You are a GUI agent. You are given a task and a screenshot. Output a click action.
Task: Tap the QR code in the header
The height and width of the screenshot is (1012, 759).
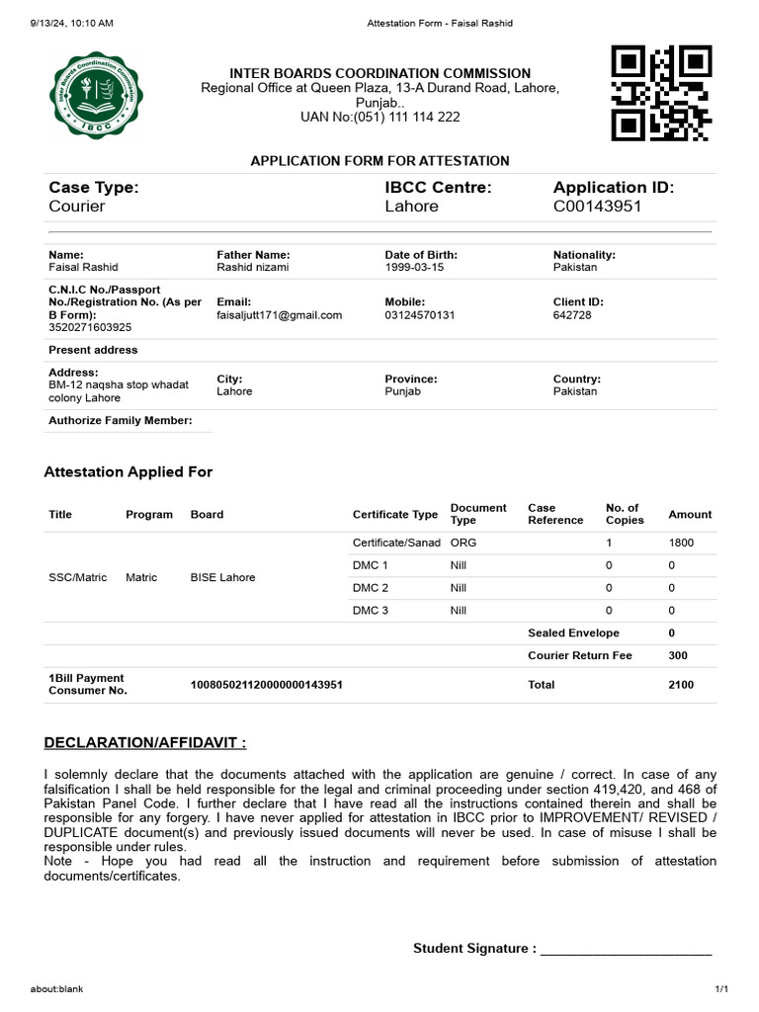[661, 93]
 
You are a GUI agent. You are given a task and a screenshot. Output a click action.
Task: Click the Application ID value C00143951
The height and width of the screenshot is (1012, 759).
[597, 207]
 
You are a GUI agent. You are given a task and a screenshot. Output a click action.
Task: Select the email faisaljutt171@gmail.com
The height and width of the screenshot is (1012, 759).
[279, 315]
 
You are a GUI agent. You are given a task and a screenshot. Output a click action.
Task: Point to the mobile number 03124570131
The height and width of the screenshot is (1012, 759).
[420, 315]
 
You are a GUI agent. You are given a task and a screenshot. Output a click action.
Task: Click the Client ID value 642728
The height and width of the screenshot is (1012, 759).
[572, 315]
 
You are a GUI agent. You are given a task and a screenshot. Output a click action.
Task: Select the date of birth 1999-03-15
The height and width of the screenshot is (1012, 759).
[414, 268]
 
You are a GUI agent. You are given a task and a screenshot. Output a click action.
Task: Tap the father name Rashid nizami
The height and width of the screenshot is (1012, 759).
[253, 268]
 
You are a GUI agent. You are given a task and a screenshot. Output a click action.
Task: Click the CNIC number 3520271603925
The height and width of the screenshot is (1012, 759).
[90, 327]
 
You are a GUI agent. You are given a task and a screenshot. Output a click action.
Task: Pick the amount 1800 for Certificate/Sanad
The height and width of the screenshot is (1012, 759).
[683, 543]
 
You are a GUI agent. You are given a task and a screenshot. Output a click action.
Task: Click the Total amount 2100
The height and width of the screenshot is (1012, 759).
[681, 685]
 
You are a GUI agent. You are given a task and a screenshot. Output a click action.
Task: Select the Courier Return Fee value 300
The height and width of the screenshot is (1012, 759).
[678, 656]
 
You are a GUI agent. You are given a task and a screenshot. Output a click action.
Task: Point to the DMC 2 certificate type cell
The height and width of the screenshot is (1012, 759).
[371, 588]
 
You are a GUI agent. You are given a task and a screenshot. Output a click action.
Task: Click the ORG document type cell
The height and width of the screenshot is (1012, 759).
[463, 543]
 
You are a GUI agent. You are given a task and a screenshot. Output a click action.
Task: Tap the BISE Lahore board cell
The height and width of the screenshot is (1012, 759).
[222, 577]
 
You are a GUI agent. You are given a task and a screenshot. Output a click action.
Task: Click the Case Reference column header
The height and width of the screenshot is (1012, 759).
[555, 514]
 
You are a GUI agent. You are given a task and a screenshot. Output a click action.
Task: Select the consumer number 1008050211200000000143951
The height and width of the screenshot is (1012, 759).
[266, 685]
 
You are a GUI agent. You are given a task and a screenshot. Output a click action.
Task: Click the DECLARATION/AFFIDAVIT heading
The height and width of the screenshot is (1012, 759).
[144, 742]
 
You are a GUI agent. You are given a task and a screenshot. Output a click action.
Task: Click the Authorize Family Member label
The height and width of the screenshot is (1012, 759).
[120, 420]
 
